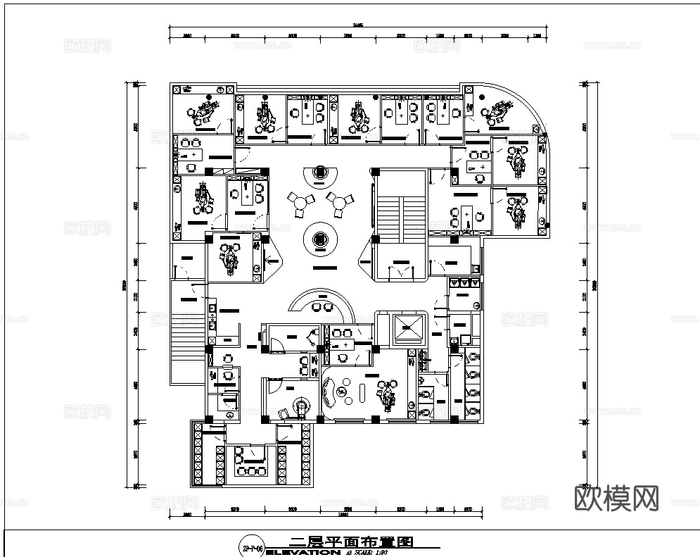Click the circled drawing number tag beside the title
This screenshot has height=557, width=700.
tap(251, 547)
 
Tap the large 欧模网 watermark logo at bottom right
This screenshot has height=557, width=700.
tap(616, 498)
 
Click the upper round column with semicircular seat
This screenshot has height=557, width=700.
tap(320, 173)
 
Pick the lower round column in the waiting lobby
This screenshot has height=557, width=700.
tap(320, 240)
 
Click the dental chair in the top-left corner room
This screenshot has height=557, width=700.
tap(205, 109)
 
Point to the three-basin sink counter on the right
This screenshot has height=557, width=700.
tap(464, 282)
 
